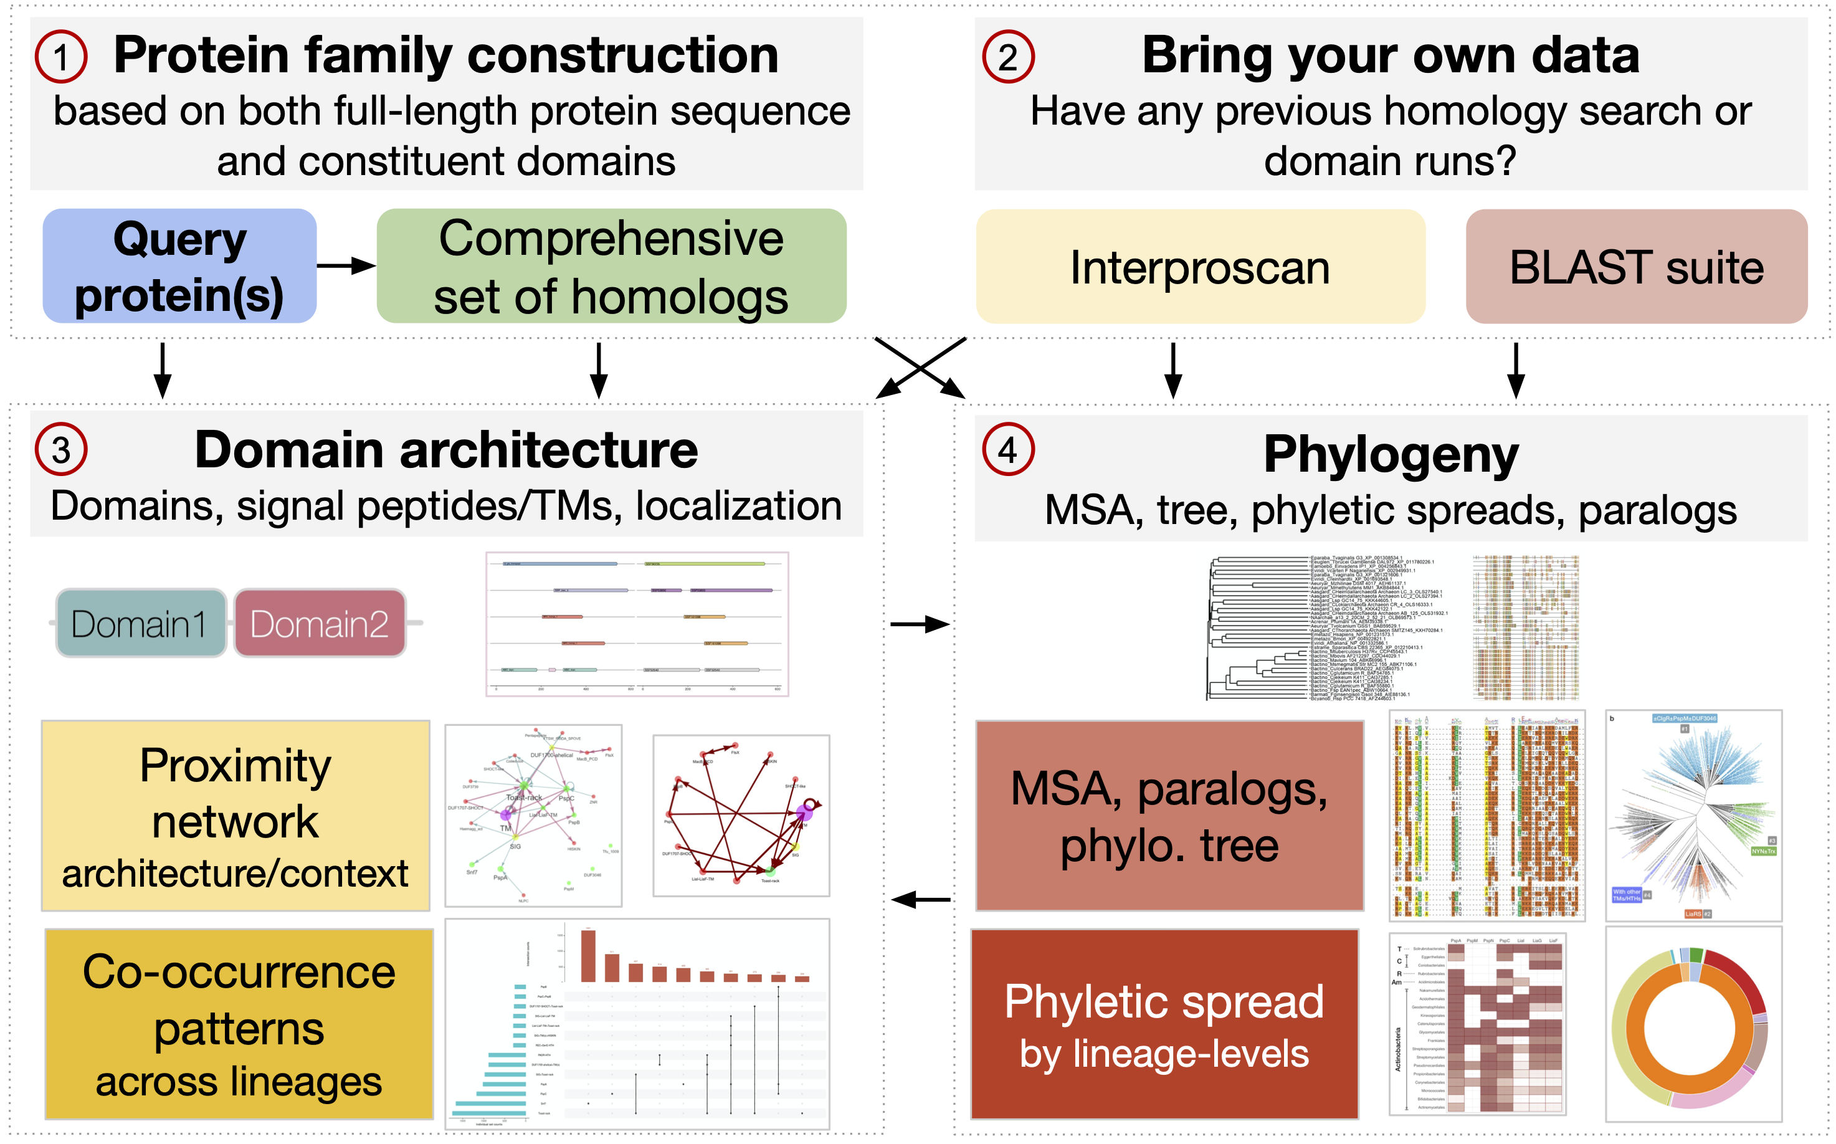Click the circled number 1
[x=60, y=57]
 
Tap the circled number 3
[x=60, y=449]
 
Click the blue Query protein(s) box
[x=179, y=266]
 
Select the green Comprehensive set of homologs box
[x=611, y=266]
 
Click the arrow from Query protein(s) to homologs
[x=346, y=265]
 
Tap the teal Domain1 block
[x=141, y=624]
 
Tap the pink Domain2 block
[x=319, y=624]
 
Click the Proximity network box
[x=235, y=816]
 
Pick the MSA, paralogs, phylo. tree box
[x=1169, y=816]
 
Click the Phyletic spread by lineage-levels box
[x=1164, y=1024]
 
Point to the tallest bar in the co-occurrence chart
[x=587, y=956]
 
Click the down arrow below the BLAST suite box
[x=1516, y=371]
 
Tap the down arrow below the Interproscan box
[x=1172, y=371]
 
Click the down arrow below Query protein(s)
[x=162, y=371]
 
